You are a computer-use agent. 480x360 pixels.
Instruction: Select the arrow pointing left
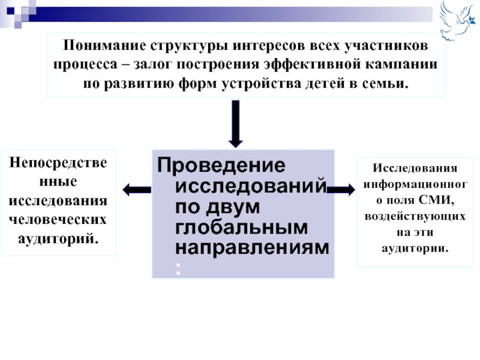(x=136, y=190)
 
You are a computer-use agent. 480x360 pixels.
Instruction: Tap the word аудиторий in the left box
(x=58, y=238)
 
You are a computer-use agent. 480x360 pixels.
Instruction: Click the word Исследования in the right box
(x=415, y=167)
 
